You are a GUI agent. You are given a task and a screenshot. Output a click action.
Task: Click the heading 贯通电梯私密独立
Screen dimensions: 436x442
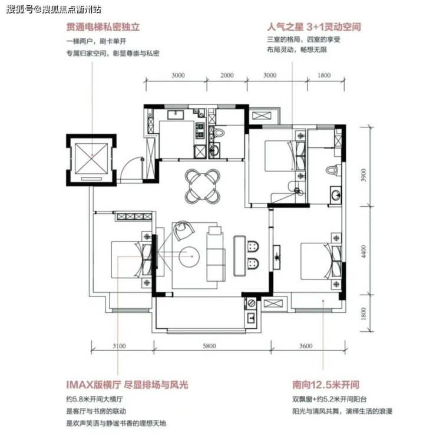(x=103, y=27)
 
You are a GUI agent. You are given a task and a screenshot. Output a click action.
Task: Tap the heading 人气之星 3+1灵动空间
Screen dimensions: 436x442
(x=314, y=27)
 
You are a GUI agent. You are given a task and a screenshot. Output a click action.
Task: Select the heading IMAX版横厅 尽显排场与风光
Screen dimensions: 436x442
(x=127, y=384)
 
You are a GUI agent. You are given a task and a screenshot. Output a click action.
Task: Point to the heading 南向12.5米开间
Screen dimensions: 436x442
(x=326, y=384)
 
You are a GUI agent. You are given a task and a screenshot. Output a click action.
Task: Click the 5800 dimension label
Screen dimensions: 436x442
(x=209, y=346)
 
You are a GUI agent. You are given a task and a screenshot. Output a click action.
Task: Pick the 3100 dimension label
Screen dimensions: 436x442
(x=119, y=346)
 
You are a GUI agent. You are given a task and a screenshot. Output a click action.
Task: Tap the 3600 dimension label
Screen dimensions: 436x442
(x=306, y=346)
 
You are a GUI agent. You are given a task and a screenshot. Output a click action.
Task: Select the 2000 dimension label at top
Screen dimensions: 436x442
(x=227, y=75)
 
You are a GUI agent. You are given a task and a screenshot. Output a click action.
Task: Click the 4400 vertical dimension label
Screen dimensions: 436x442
(x=364, y=252)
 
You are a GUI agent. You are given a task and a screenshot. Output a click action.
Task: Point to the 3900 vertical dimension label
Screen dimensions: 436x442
(x=364, y=175)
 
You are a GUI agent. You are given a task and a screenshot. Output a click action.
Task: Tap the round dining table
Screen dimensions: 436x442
(x=202, y=186)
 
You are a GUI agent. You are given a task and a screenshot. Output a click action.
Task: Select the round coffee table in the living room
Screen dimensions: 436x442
(x=189, y=256)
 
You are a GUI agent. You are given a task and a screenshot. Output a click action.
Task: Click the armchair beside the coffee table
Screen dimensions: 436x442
(x=183, y=230)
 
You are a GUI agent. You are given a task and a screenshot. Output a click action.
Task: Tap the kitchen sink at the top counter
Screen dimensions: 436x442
(x=176, y=115)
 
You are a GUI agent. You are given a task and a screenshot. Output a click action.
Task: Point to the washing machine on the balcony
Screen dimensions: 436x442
(x=251, y=304)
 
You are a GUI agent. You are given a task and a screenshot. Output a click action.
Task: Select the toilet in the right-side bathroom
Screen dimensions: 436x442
(x=332, y=170)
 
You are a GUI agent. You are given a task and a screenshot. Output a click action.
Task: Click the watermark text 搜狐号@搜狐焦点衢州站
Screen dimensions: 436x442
(x=54, y=9)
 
